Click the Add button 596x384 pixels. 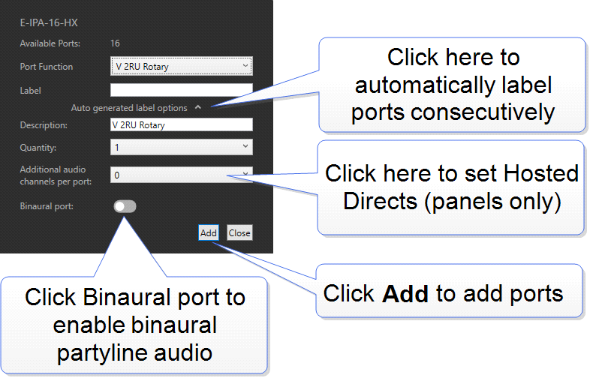[209, 232]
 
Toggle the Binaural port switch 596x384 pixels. [125, 206]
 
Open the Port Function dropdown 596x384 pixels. [181, 67]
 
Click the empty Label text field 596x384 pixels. [181, 90]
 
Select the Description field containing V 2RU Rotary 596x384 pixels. [181, 125]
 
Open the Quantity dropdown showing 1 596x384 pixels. [181, 148]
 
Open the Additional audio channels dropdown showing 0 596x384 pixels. [181, 175]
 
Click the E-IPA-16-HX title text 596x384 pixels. [49, 23]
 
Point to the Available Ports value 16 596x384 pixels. [116, 43]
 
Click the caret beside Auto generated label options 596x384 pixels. [197, 108]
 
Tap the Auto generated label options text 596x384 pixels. [129, 108]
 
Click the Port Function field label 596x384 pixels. [47, 67]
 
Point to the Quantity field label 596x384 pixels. [38, 148]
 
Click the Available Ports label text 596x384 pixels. [50, 43]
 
